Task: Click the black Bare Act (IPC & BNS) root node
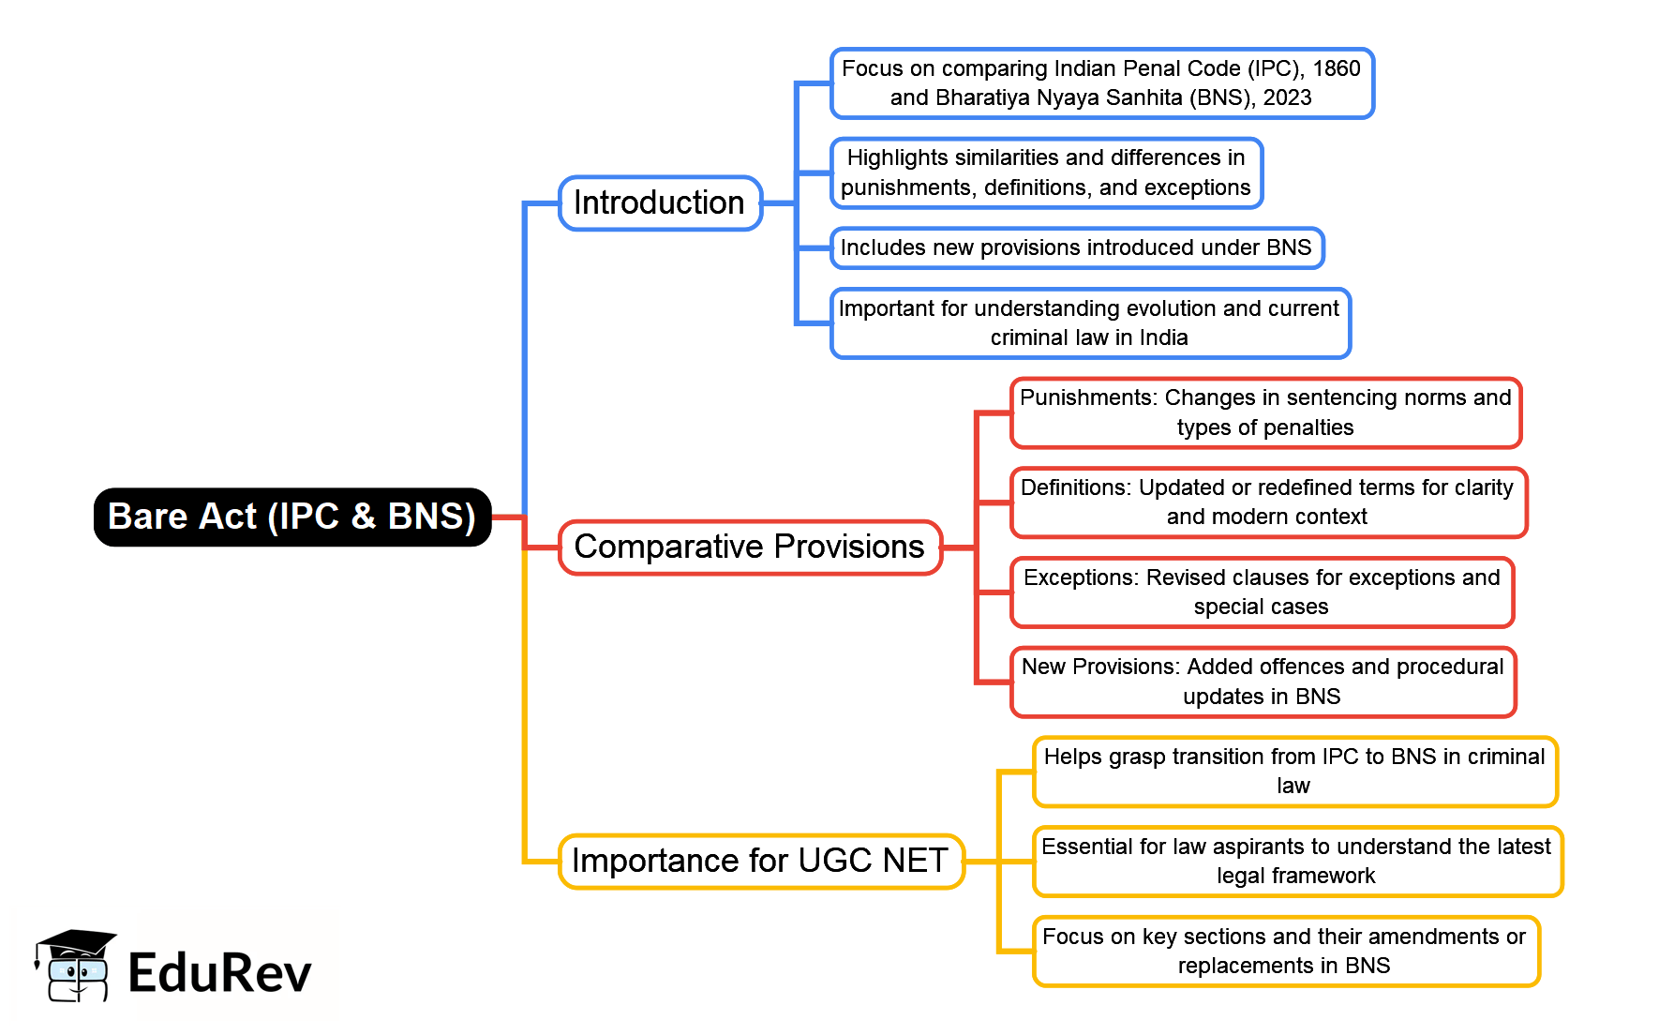[x=292, y=517]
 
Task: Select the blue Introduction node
[x=660, y=203]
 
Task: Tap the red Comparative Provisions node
[x=750, y=547]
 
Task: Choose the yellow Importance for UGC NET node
[x=760, y=861]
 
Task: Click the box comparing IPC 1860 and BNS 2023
[x=1101, y=83]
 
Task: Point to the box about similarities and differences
[x=1046, y=172]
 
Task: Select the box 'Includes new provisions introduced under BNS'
[x=1076, y=247]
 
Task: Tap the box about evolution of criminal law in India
[x=1089, y=322]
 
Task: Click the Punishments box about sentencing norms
[x=1265, y=412]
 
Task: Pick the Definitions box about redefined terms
[x=1267, y=502]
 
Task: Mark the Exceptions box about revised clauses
[x=1262, y=592]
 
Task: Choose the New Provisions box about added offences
[x=1263, y=682]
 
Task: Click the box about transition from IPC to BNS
[x=1294, y=771]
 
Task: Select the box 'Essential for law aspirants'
[x=1296, y=861]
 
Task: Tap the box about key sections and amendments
[x=1285, y=951]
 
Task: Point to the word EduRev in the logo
[x=219, y=972]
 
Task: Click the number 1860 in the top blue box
[x=1336, y=68]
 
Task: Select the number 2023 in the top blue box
[x=1287, y=97]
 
